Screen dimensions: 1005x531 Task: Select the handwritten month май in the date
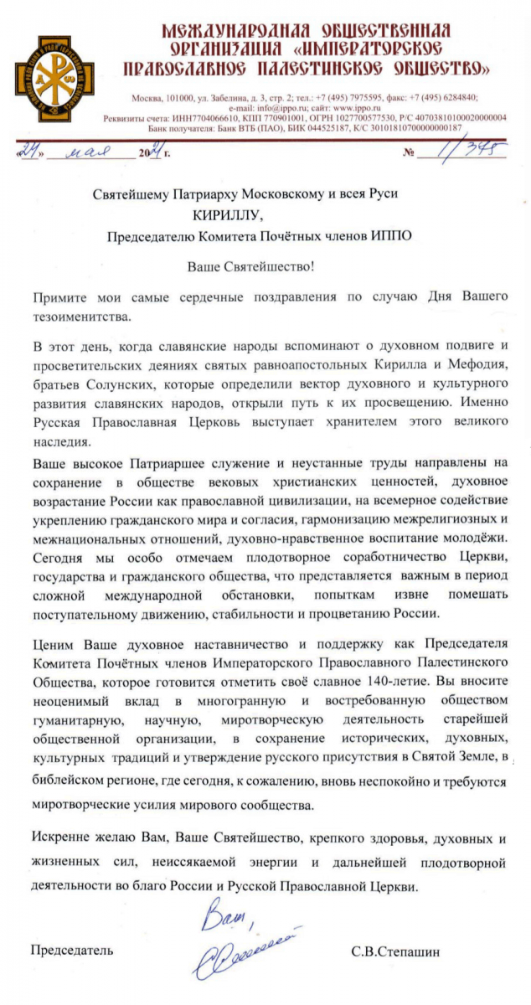[104, 153]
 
